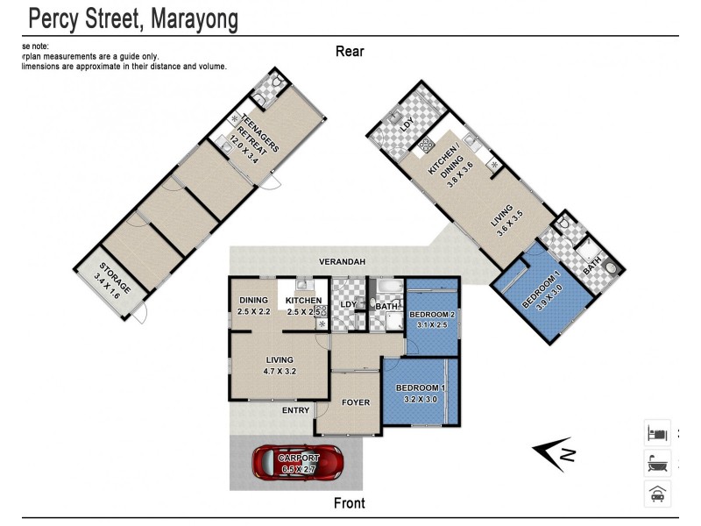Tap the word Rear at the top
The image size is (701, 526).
click(350, 51)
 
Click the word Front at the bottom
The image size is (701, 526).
click(350, 503)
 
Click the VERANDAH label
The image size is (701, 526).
click(342, 262)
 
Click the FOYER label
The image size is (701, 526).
click(355, 403)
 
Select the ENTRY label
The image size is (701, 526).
click(295, 410)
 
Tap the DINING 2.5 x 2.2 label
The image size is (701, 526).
click(253, 306)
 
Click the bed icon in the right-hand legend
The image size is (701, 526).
click(657, 433)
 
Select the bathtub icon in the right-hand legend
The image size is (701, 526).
click(657, 464)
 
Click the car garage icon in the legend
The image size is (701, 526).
click(657, 494)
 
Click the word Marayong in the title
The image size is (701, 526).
click(181, 18)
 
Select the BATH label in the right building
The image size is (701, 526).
click(593, 261)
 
